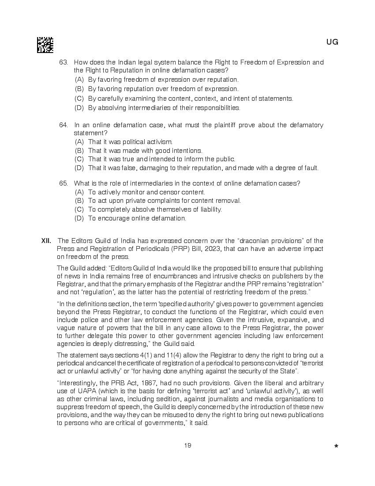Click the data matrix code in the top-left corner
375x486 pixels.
click(x=45, y=45)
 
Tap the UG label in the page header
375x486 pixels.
click(x=332, y=42)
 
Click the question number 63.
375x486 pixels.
click(x=64, y=62)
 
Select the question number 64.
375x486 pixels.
click(x=64, y=125)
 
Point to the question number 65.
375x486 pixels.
click(x=64, y=183)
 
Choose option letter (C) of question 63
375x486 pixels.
click(x=79, y=99)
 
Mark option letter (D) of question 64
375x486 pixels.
click(x=79, y=168)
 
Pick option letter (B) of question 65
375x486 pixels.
click(x=79, y=201)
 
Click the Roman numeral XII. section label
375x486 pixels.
click(x=46, y=241)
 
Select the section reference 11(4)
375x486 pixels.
click(x=144, y=356)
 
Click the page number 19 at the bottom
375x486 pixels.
click(x=188, y=445)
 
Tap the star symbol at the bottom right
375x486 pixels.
click(x=336, y=446)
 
